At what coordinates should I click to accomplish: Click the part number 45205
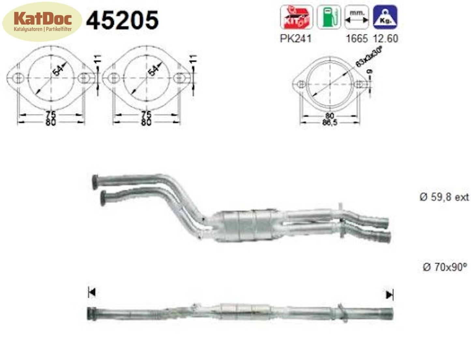122,20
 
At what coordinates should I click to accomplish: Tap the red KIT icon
296,18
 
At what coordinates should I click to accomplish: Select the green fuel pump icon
329,18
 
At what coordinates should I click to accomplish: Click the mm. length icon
357,18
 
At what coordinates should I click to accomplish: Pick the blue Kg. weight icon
385,18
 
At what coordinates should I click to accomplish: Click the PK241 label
296,38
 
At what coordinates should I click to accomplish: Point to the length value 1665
357,38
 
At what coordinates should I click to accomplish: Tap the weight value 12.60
385,38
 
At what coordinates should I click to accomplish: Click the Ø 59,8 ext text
444,197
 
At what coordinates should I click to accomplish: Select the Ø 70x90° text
445,267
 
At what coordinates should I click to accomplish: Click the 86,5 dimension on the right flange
330,122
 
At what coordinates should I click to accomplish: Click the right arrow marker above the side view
390,295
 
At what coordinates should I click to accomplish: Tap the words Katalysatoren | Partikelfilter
42,29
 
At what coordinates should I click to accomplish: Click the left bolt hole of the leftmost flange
19,78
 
